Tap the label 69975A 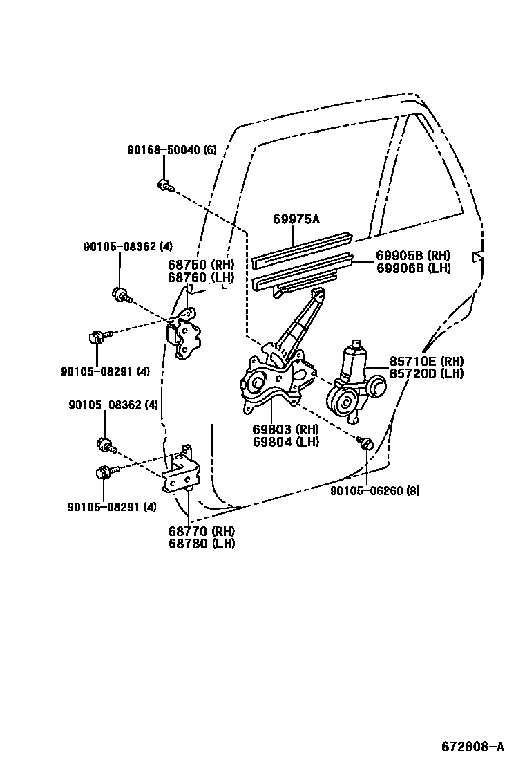[x=296, y=219]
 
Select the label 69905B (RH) [x=413, y=254]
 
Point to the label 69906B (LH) [x=413, y=267]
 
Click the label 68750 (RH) [x=201, y=265]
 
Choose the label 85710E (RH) [x=426, y=361]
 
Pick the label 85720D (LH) [x=426, y=373]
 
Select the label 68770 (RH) [x=201, y=530]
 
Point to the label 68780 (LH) [x=201, y=543]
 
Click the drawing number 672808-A [x=473, y=746]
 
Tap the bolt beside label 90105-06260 [x=366, y=443]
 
